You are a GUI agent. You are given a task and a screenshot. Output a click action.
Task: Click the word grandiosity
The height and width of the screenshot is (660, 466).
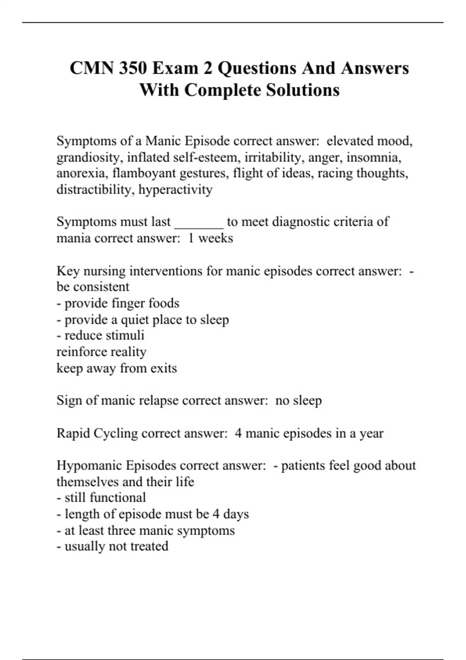(x=90, y=157)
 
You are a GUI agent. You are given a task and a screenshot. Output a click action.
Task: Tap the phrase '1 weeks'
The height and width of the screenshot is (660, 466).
(x=210, y=238)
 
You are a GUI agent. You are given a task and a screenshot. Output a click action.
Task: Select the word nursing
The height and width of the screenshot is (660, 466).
(x=104, y=271)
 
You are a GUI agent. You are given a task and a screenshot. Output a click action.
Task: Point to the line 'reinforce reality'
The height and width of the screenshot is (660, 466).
(x=101, y=352)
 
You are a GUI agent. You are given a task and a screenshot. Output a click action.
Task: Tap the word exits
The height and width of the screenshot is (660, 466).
(x=163, y=368)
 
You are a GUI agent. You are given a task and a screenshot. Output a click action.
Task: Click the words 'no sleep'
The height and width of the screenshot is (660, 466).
(x=298, y=400)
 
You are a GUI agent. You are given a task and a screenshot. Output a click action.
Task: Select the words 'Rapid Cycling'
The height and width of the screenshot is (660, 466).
(x=97, y=433)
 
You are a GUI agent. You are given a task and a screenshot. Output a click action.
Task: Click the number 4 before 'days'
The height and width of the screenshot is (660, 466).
(x=216, y=514)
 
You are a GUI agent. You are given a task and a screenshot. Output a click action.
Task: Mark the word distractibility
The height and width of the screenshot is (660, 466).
(x=96, y=189)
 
